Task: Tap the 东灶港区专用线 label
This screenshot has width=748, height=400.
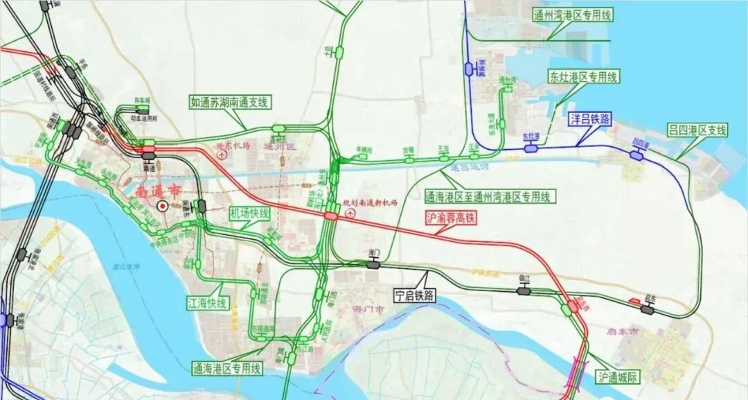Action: pyautogui.click(x=583, y=77)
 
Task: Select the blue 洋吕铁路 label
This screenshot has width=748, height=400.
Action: pyautogui.click(x=590, y=119)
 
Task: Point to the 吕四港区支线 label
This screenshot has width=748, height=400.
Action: pyautogui.click(x=698, y=130)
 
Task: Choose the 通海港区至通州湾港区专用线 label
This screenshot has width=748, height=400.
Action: pyautogui.click(x=489, y=197)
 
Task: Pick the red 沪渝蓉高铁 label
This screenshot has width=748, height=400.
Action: pyautogui.click(x=451, y=218)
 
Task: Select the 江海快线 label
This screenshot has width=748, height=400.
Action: pyautogui.click(x=207, y=303)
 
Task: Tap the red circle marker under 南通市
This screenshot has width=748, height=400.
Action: pyautogui.click(x=162, y=205)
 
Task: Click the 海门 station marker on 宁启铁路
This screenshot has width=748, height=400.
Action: pyautogui.click(x=374, y=263)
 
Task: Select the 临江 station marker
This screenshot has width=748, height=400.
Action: pyautogui.click(x=524, y=290)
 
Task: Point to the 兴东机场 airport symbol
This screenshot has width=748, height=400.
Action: pyautogui.click(x=222, y=156)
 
